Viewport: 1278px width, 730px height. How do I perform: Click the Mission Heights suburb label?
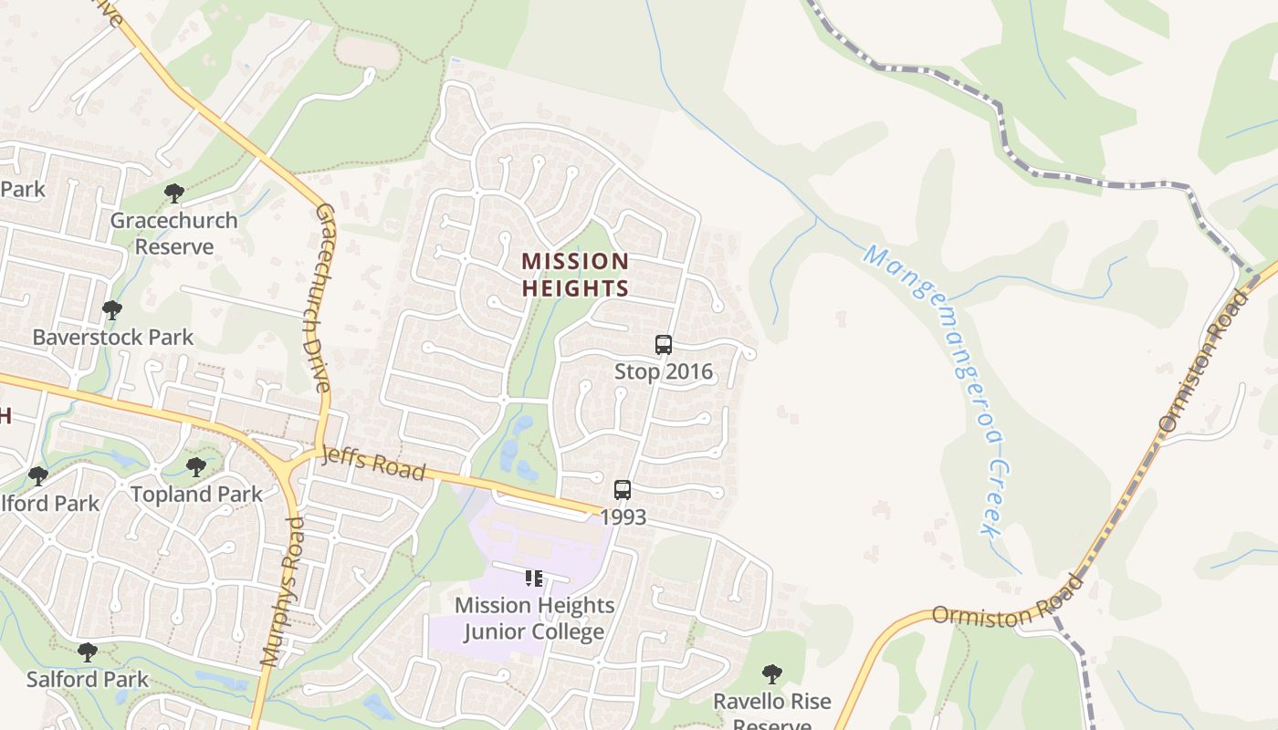click(x=575, y=275)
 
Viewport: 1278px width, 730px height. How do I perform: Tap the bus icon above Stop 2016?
click(x=664, y=345)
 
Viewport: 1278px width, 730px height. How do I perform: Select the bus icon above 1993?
click(x=623, y=490)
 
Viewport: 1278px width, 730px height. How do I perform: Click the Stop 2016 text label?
click(x=664, y=371)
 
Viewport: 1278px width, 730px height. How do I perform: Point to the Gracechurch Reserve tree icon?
click(x=174, y=193)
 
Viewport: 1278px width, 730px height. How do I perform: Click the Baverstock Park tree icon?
click(x=112, y=310)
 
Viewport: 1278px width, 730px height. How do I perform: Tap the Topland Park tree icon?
click(x=196, y=467)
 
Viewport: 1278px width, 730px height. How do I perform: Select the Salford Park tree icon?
click(x=88, y=652)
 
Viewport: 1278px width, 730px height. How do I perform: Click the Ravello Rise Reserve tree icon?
click(x=772, y=674)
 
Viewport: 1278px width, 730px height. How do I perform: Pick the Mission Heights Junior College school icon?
click(x=534, y=578)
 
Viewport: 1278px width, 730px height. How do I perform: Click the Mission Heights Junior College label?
click(x=534, y=618)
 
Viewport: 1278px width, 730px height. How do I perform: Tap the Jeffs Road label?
click(x=373, y=464)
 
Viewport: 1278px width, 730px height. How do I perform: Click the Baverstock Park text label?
click(x=113, y=337)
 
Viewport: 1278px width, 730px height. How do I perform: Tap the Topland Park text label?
click(x=196, y=494)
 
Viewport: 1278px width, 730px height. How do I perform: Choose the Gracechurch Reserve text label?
click(x=174, y=234)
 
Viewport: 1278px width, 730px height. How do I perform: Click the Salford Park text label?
click(x=88, y=679)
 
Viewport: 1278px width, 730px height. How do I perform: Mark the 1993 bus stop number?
click(x=623, y=516)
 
